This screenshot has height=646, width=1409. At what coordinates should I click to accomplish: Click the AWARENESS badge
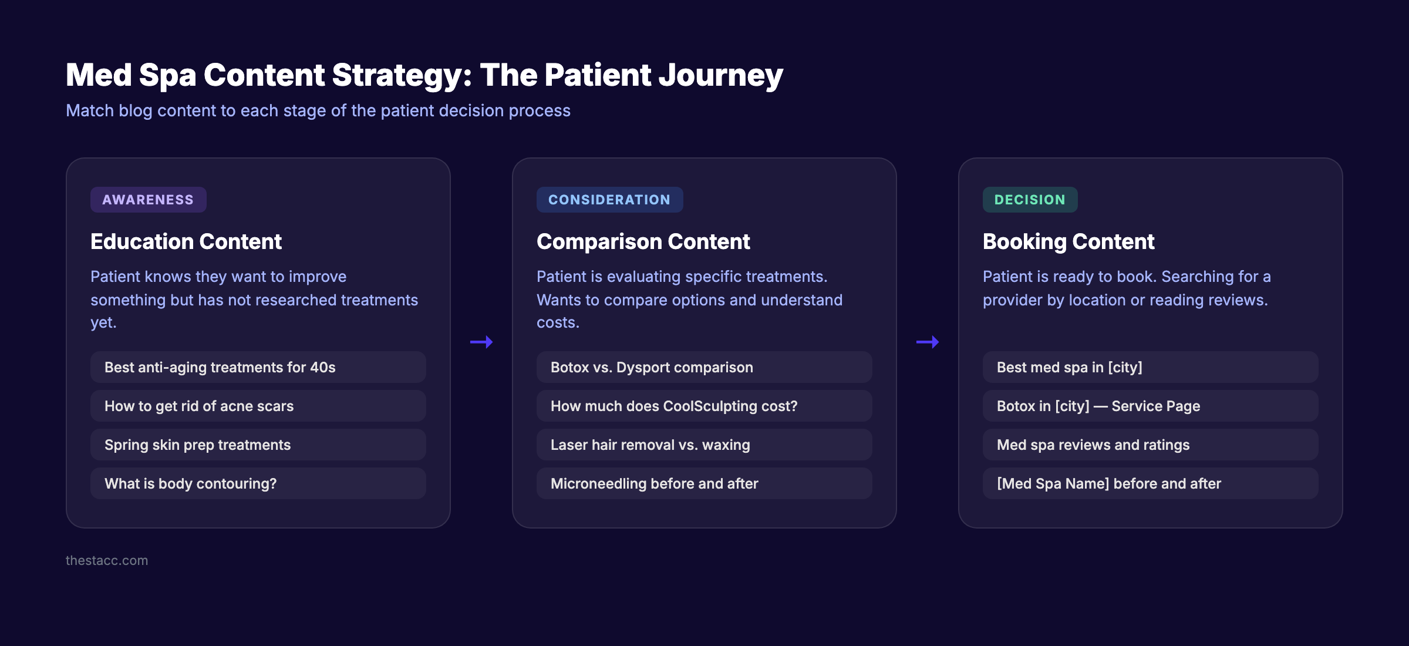point(148,200)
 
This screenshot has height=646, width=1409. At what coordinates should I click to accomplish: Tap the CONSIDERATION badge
point(609,200)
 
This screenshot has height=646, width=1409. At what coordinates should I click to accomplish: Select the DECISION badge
point(1030,200)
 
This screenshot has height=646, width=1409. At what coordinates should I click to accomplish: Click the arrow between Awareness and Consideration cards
point(481,342)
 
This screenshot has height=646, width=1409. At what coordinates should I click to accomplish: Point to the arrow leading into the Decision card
point(928,342)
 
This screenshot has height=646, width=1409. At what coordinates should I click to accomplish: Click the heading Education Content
point(186,241)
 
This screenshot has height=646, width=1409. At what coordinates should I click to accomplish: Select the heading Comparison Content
point(643,241)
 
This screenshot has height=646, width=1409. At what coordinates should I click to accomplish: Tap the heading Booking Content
point(1068,241)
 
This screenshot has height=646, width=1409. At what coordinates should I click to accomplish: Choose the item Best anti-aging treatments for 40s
point(258,367)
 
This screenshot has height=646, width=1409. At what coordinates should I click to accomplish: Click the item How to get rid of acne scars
point(258,406)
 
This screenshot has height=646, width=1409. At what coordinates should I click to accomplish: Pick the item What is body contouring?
point(258,483)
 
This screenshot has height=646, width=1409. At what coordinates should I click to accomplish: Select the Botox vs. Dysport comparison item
point(704,367)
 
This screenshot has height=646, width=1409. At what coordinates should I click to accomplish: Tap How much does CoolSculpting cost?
point(704,406)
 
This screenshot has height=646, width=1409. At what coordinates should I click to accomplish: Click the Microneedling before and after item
point(704,483)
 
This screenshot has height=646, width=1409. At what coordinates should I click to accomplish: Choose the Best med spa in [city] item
point(1150,367)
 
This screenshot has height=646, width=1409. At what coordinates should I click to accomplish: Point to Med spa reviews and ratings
point(1150,445)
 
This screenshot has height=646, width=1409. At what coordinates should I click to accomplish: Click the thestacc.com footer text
point(107,560)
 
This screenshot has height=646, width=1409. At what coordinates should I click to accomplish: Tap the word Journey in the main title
point(720,75)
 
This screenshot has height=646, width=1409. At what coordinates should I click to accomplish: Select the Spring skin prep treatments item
point(258,445)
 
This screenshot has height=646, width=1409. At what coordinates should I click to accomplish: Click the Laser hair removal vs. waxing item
point(704,445)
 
